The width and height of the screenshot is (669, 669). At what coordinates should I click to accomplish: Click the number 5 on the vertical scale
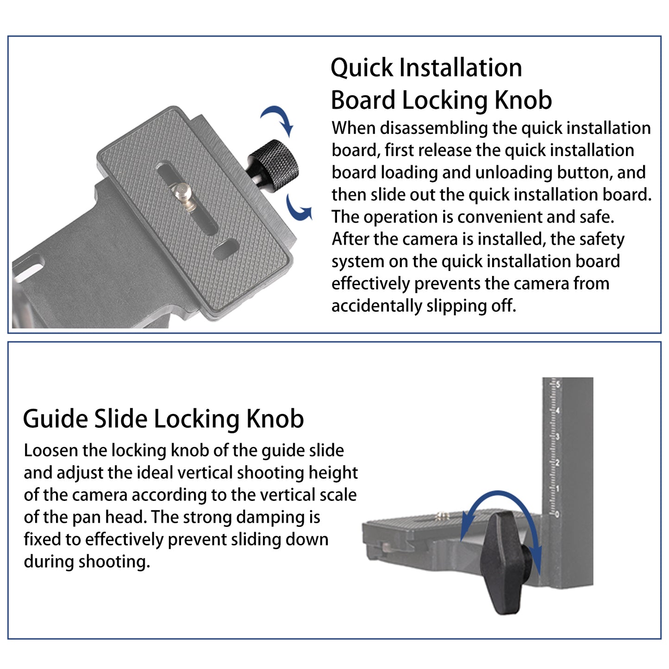(558, 384)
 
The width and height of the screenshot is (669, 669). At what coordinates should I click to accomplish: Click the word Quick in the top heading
(362, 68)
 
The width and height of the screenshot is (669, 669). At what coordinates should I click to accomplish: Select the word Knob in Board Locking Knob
(523, 100)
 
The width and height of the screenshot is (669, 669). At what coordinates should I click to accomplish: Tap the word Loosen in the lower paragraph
(50, 450)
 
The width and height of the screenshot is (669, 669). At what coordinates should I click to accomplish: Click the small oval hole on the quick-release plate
(226, 249)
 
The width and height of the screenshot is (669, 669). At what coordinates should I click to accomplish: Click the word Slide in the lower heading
(121, 419)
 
